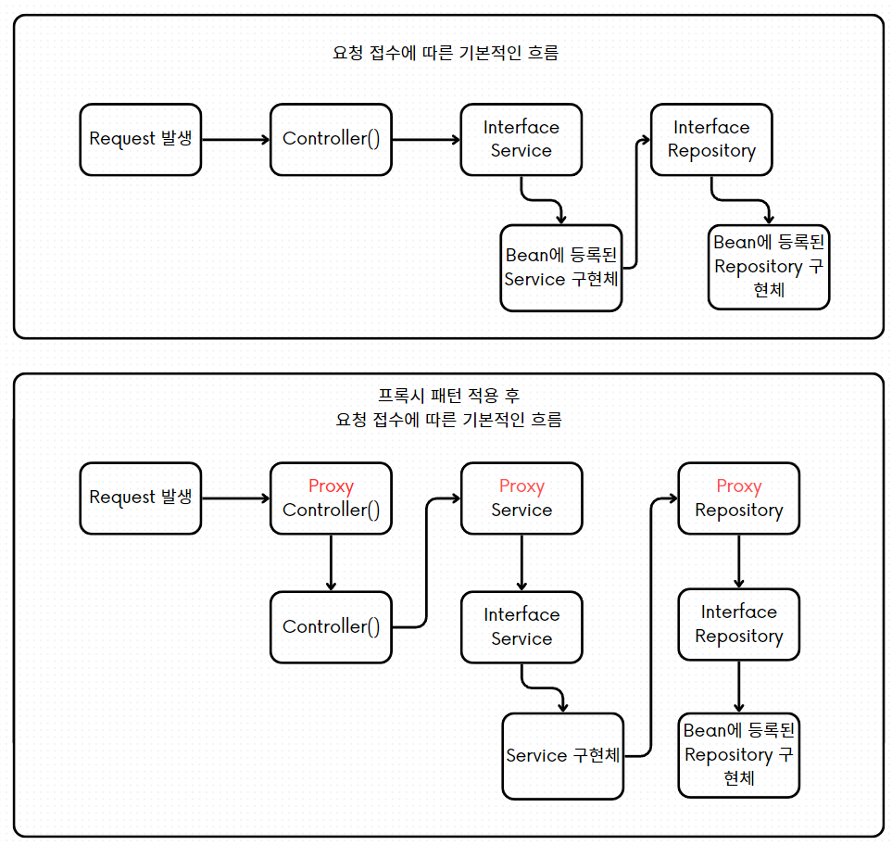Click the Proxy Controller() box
[331, 498]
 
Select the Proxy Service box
[521, 498]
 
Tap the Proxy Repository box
[738, 498]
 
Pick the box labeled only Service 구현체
[562, 755]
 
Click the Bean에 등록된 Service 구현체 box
[560, 268]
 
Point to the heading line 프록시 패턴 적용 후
[448, 396]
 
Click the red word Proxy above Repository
[738, 486]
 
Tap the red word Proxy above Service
[521, 486]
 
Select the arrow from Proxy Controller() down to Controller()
[331, 562]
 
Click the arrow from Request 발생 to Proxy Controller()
[235, 498]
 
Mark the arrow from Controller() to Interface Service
[426, 140]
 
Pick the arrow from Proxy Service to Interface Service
[521, 562]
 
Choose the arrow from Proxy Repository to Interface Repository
[738, 561]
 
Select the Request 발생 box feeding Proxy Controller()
[140, 498]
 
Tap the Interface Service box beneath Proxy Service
[521, 626]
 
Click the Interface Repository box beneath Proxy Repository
[738, 624]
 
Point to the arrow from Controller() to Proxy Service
[426, 565]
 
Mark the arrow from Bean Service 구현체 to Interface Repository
[636, 204]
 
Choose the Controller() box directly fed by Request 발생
[331, 140]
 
